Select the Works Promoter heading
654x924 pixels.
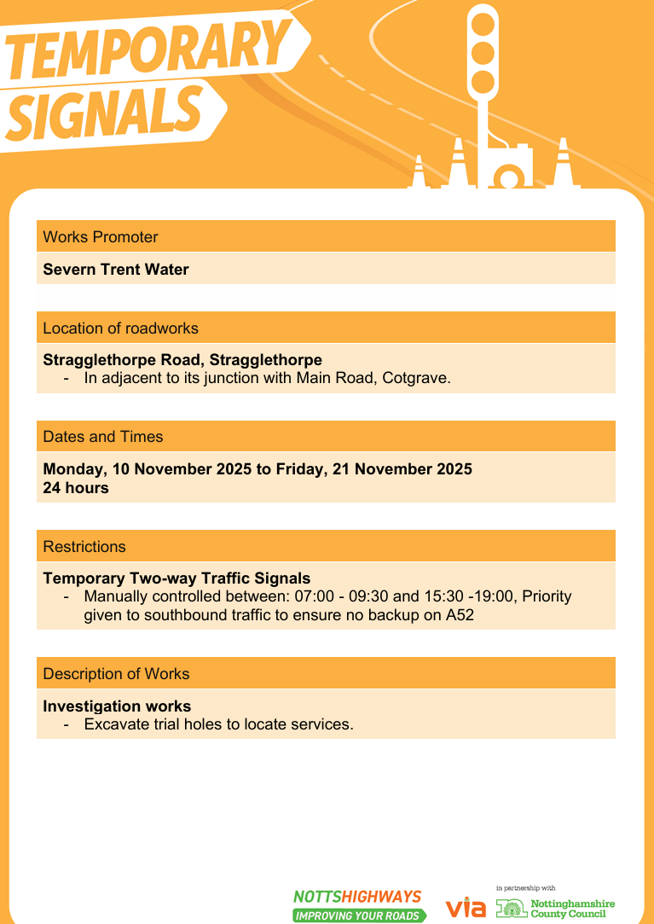click(101, 237)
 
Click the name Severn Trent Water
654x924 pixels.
click(116, 270)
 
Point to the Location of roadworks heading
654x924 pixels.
click(120, 328)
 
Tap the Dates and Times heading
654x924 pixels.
click(102, 437)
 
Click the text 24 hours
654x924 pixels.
click(76, 489)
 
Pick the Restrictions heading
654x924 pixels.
click(84, 547)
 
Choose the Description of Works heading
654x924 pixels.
click(116, 674)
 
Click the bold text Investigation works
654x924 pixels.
click(117, 706)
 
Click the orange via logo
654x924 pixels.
click(466, 907)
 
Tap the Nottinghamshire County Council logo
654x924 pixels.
click(556, 908)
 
